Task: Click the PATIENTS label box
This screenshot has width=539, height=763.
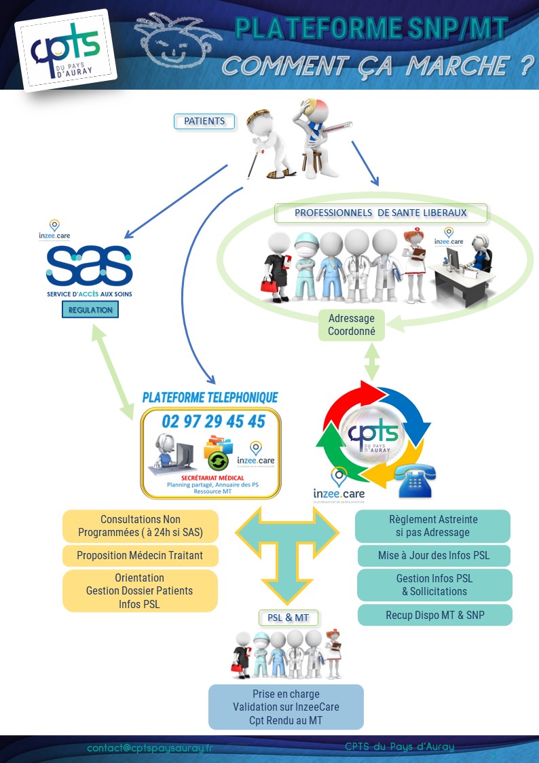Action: pos(204,122)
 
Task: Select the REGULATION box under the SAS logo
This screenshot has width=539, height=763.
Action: pos(90,310)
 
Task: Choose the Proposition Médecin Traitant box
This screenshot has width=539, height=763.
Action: pos(140,555)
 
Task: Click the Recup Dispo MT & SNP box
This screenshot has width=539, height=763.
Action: pos(435,615)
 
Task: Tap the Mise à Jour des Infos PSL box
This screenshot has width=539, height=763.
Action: pos(434,555)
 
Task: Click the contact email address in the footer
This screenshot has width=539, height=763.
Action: pos(150,747)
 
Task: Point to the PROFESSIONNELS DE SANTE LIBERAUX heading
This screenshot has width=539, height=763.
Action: pos(381,213)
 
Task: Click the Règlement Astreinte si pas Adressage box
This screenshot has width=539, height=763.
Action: pos(433,526)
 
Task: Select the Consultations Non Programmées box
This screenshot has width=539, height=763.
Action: pos(140,526)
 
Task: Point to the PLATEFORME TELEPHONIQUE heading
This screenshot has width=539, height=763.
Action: pos(210,397)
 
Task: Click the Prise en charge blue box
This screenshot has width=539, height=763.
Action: pos(286,707)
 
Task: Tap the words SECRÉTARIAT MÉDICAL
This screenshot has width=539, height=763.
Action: pos(212,478)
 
